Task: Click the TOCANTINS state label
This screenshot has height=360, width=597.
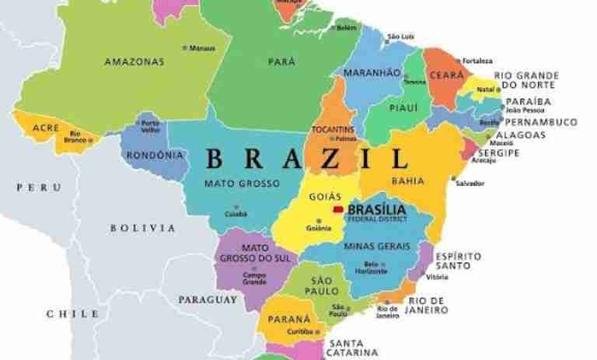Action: click(332, 129)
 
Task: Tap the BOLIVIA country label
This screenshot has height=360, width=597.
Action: click(142, 228)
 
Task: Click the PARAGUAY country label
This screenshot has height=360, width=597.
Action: click(208, 299)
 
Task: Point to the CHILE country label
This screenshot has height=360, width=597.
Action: click(72, 314)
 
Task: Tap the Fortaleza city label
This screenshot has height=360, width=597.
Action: click(477, 61)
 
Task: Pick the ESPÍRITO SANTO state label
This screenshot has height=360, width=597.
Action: click(458, 261)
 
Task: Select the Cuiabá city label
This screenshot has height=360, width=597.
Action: click(236, 213)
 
